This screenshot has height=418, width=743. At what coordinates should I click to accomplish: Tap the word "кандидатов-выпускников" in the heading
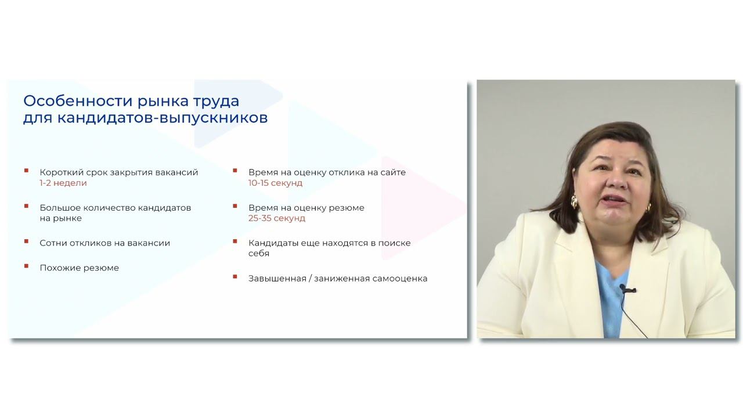click(163, 118)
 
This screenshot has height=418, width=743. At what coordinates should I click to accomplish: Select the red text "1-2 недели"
click(63, 183)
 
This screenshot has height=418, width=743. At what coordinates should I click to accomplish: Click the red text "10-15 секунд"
click(275, 183)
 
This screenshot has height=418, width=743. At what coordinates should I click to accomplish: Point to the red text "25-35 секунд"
click(277, 218)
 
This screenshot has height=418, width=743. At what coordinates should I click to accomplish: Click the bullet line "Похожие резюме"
click(79, 268)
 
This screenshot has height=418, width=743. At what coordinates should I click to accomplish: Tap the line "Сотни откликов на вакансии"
click(104, 243)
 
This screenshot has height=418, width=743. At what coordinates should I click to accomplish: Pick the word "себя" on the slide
click(259, 254)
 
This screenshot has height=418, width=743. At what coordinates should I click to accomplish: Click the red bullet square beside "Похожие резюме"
click(26, 266)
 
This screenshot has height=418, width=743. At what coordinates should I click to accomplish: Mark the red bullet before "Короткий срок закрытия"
click(26, 171)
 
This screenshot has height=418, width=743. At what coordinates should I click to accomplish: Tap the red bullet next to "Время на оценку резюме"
click(235, 206)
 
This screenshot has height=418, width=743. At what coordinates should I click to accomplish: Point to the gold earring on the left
click(575, 201)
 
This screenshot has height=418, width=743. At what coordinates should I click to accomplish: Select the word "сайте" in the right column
click(394, 172)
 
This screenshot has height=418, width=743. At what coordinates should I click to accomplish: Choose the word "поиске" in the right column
click(394, 243)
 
